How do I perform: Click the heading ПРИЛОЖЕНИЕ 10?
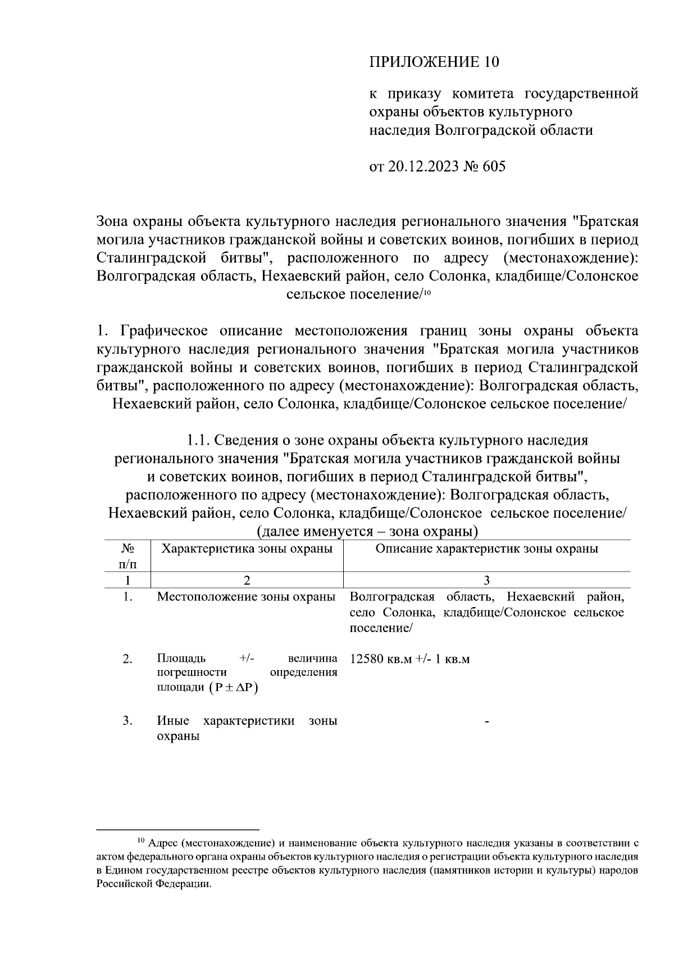434,61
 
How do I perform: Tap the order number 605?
494,166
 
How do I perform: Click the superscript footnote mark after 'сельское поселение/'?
426,292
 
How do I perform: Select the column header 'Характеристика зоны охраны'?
247,549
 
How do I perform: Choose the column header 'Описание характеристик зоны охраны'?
486,549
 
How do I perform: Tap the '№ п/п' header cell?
127,555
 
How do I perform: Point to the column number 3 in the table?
486,580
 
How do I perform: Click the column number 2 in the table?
247,580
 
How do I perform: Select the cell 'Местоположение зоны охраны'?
246,596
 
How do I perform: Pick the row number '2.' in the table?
127,659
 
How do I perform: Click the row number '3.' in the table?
127,721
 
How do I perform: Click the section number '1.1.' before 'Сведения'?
198,440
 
